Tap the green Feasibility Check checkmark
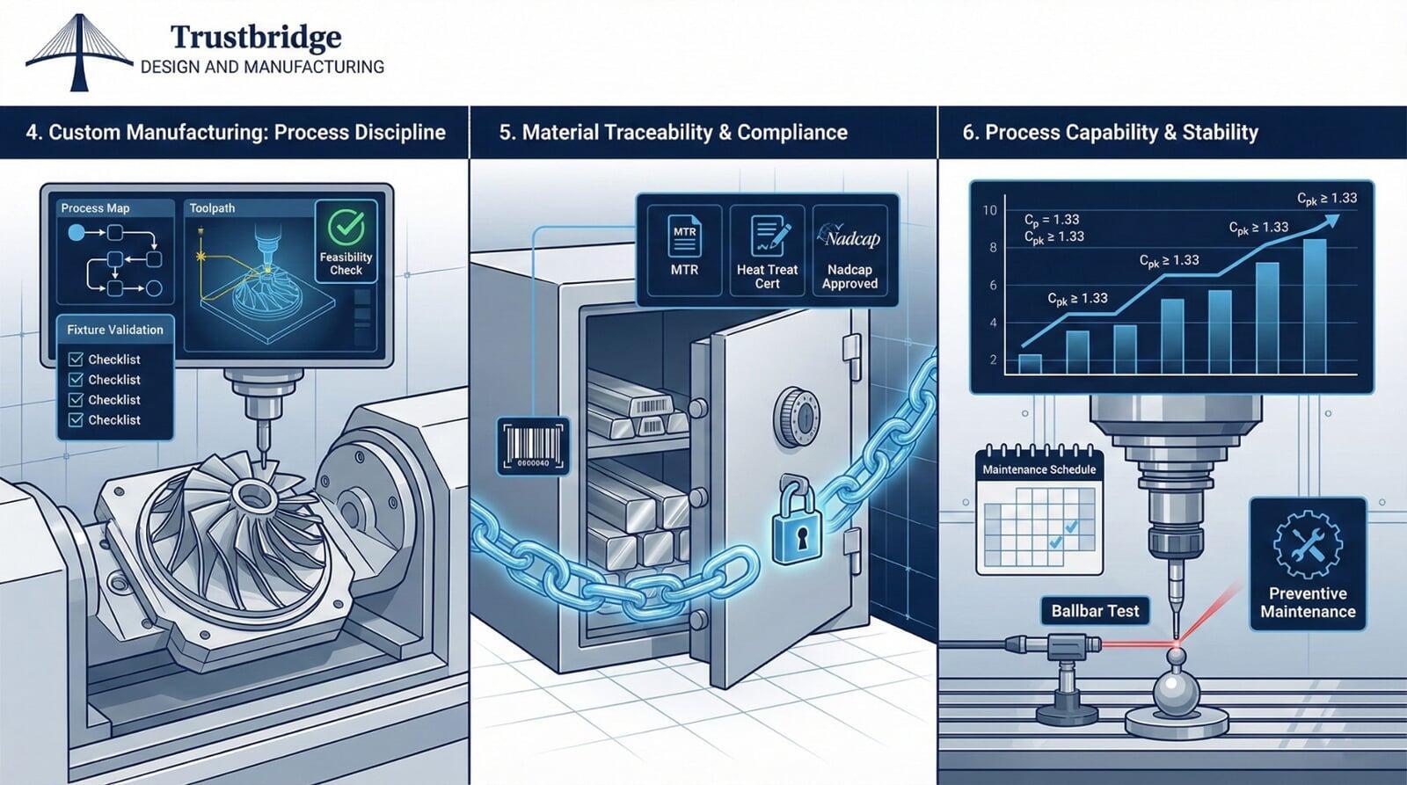tap(346, 227)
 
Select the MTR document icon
tap(684, 236)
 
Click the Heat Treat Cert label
tap(767, 276)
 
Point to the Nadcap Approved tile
tap(849, 251)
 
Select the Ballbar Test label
tap(1095, 611)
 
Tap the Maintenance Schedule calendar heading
tap(1039, 469)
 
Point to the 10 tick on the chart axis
tap(990, 210)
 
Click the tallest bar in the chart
tap(1315, 306)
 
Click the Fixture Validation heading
tap(115, 330)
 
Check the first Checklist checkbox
tap(76, 359)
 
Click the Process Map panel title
tap(95, 208)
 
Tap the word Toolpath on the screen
tap(212, 208)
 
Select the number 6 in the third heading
tap(968, 133)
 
